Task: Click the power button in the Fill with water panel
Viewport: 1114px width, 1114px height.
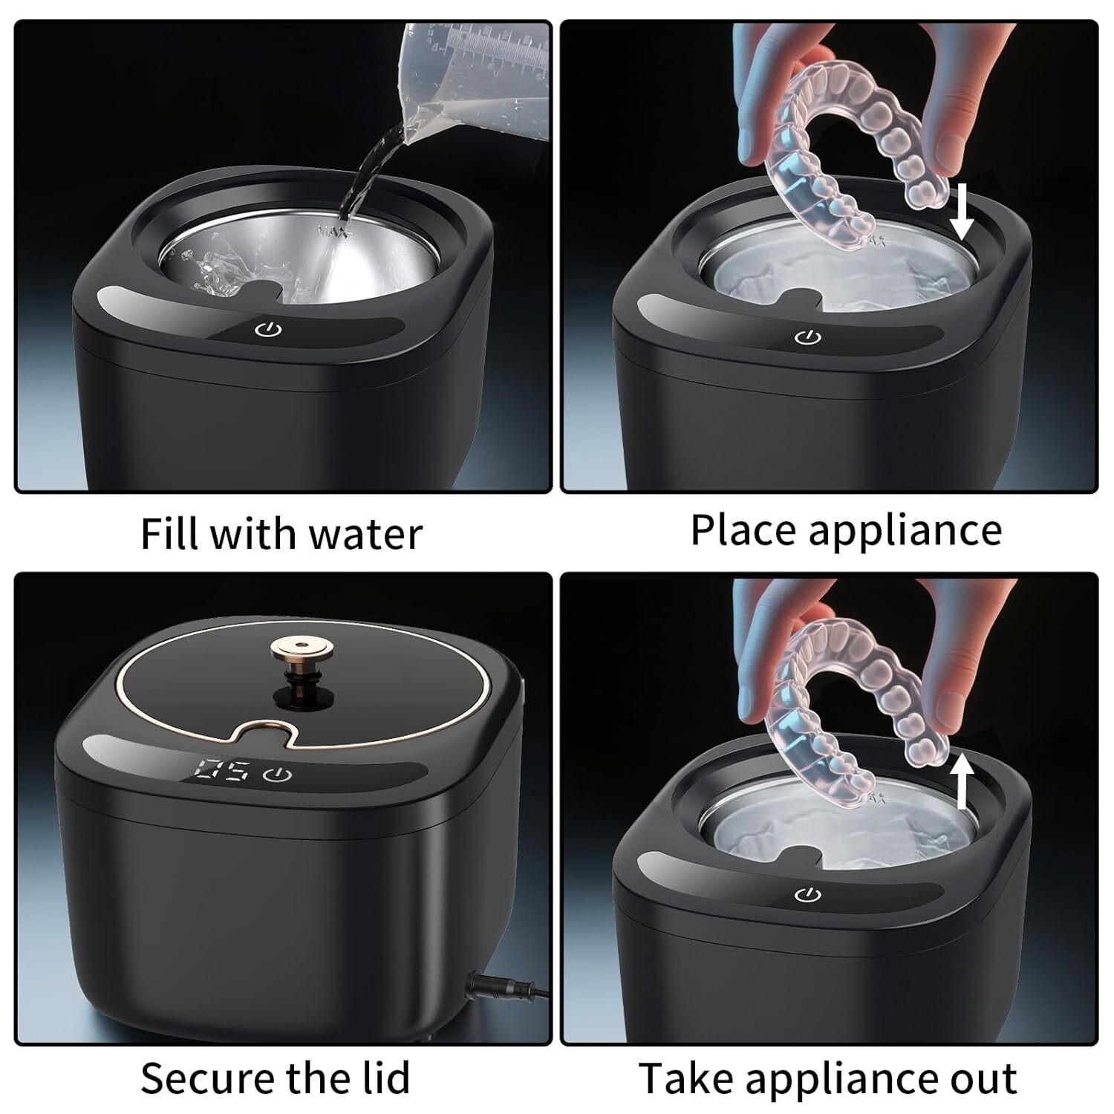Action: pos(268,329)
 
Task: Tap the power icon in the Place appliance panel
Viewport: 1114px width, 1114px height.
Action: pos(807,338)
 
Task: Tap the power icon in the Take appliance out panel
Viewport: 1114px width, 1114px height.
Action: pos(807,894)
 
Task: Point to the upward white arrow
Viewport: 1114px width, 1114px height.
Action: pos(962,780)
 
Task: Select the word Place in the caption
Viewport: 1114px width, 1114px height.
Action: pos(745,530)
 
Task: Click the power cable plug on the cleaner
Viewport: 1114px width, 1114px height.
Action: pos(489,988)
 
